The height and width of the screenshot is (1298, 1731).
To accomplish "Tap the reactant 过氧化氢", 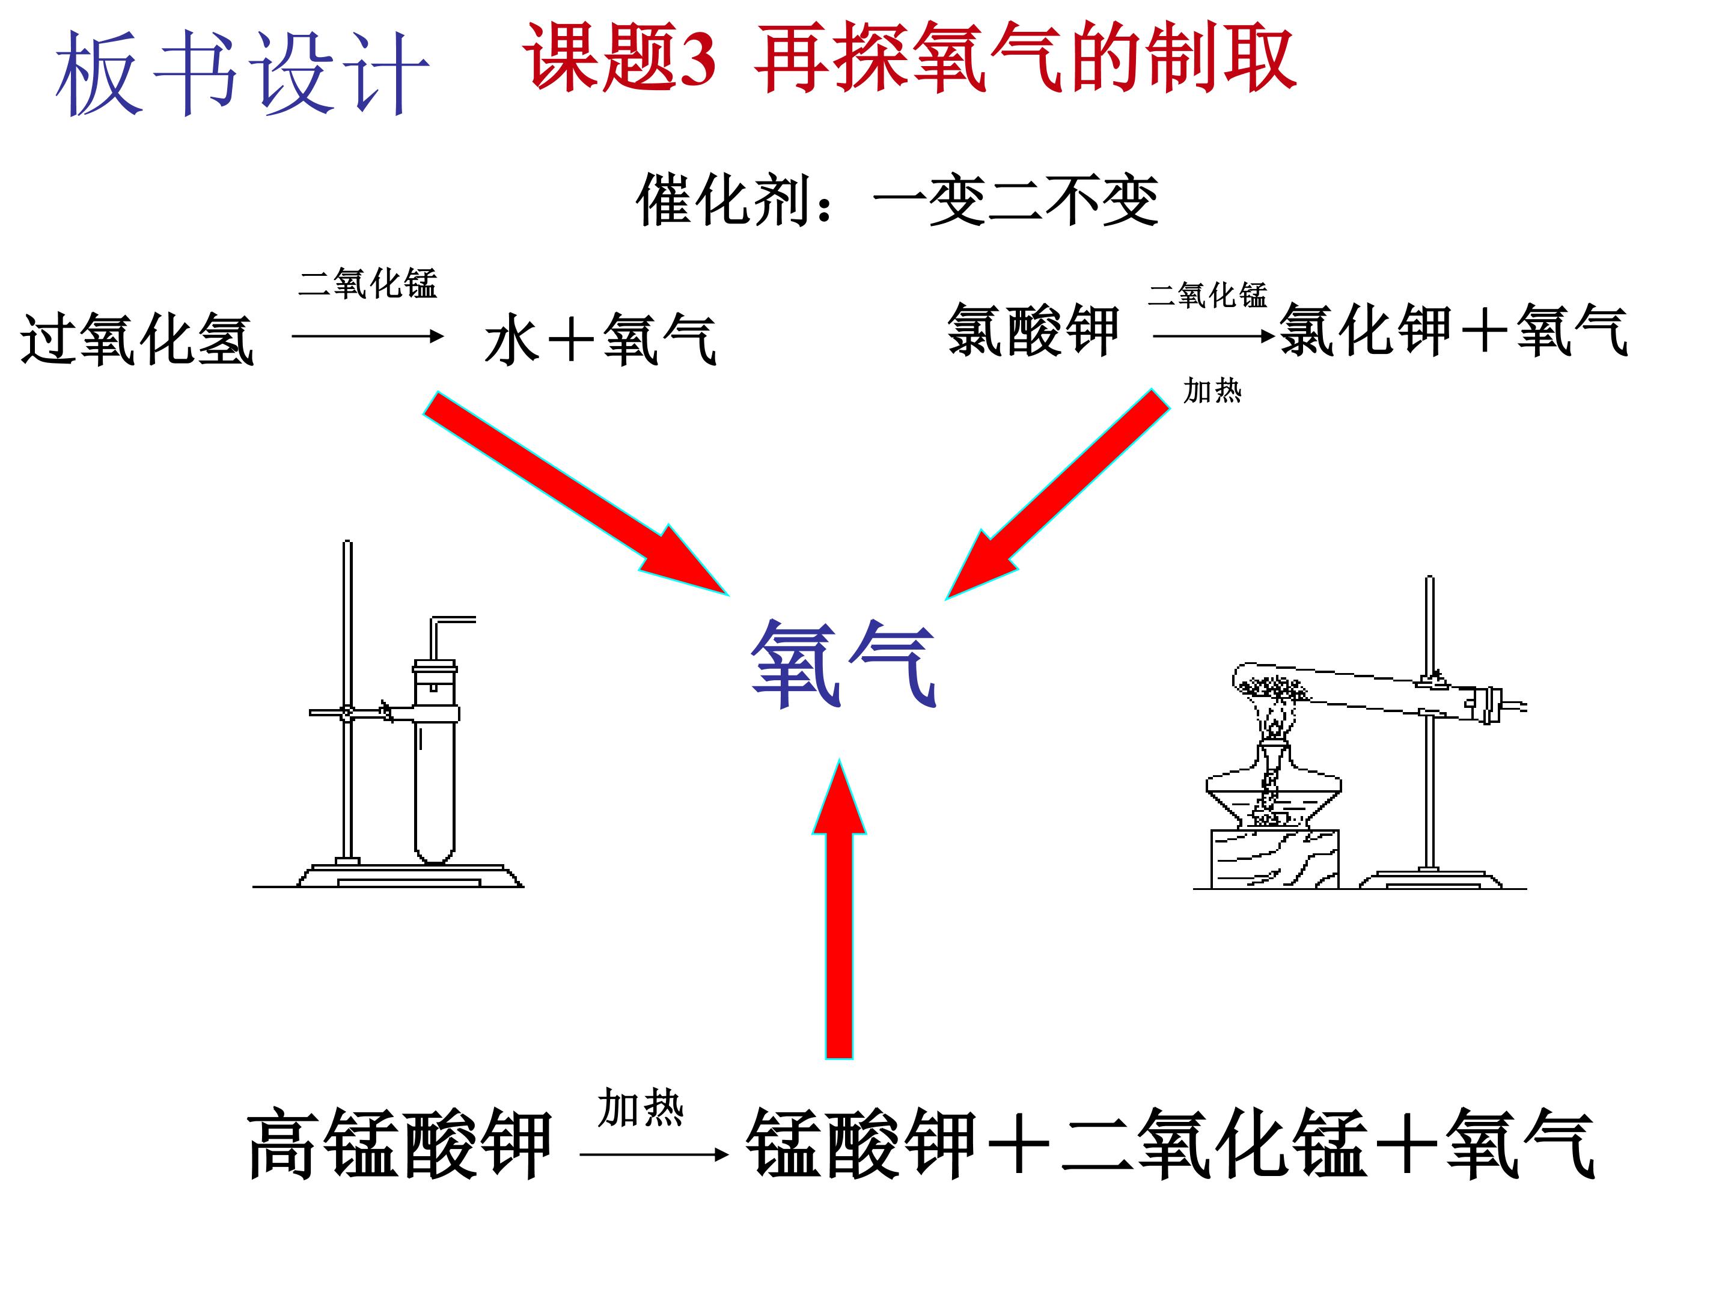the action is (x=138, y=339).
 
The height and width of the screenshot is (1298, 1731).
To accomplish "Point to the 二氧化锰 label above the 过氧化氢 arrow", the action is (x=368, y=282).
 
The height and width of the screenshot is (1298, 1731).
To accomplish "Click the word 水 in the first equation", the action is (x=513, y=340).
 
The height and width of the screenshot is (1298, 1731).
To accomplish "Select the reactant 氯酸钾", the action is (x=1033, y=330).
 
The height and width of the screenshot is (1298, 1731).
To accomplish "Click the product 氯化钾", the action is (x=1366, y=330).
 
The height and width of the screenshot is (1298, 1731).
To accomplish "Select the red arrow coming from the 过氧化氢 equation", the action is (x=576, y=493).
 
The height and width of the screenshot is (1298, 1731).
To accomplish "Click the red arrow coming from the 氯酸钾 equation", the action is (x=1057, y=494).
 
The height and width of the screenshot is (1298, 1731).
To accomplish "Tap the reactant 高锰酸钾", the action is (x=399, y=1143).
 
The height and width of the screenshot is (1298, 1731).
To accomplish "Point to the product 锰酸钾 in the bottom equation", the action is (x=861, y=1143).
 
